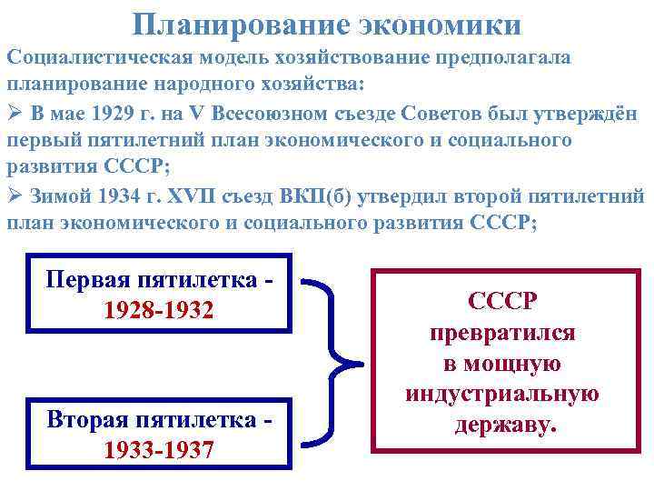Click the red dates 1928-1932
coord(159,310)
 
